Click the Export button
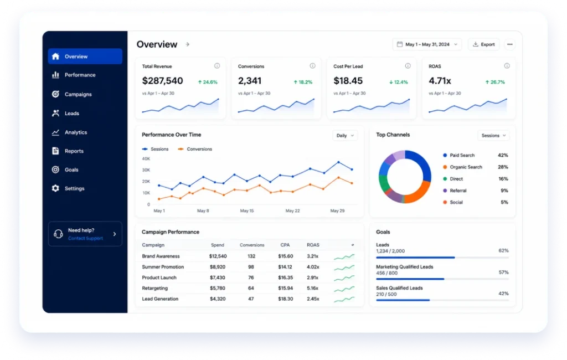[x=483, y=44]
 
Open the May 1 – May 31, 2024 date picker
[x=427, y=44]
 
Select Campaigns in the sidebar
[x=78, y=94]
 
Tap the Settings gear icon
[x=55, y=188]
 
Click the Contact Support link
[x=85, y=238]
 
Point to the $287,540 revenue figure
[x=162, y=81]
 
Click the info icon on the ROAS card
[x=507, y=66]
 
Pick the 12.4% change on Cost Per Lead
[x=399, y=82]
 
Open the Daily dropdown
[x=345, y=136]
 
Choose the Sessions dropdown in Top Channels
[x=493, y=136]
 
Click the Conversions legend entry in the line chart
[x=195, y=149]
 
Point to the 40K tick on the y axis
[x=146, y=158]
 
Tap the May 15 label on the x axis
[x=247, y=210]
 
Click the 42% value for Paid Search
[x=503, y=155]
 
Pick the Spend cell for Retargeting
[x=217, y=289]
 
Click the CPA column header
[x=285, y=245]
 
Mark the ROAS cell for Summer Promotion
[x=313, y=267]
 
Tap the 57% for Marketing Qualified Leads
[x=504, y=272]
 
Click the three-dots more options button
[x=510, y=44]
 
